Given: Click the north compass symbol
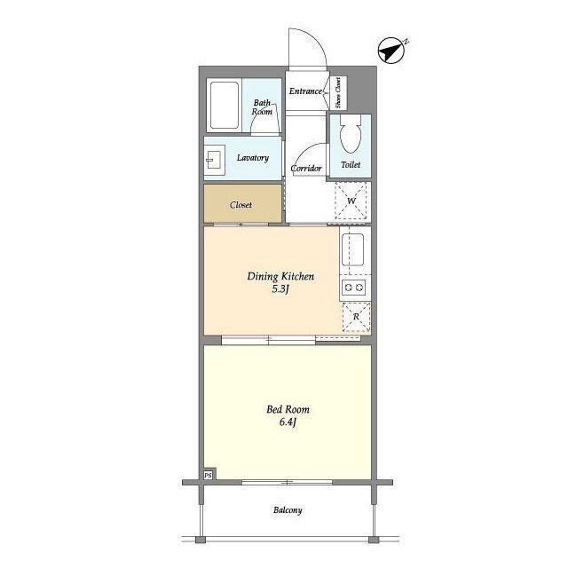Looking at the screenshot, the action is pos(391,51).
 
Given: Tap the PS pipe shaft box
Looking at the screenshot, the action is pos(208,475).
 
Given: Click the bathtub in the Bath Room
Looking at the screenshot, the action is pos(225,105).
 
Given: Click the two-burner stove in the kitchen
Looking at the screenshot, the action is pos(353,288).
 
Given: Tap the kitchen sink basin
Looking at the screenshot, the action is pos(352,250).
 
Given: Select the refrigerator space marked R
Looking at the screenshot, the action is pos(357,317).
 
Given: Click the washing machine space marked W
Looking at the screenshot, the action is pos(351,201).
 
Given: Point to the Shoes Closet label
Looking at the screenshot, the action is pos(338,92).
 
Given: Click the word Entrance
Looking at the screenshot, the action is pos(305,91).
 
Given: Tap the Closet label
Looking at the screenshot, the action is pos(241,205).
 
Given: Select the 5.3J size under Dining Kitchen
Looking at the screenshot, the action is pos(280,289).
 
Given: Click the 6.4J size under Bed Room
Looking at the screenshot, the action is pos(288,422).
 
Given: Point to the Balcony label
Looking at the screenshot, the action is pos(288,510).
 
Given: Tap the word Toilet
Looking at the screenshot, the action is pos(351,164).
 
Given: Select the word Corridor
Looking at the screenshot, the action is pos(306,169).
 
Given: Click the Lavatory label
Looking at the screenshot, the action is pos(253,158).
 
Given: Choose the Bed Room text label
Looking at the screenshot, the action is pos(288,409).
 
